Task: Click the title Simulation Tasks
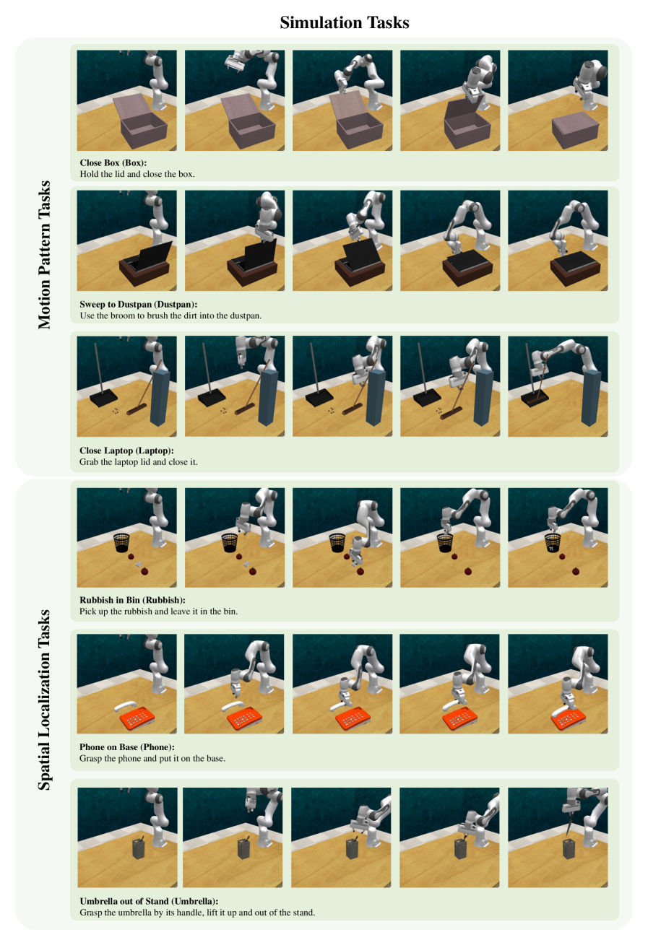[345, 22]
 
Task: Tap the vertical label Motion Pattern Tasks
[44, 255]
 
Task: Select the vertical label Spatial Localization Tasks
[44, 700]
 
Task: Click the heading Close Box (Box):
[113, 162]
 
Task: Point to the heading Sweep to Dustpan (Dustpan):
[138, 304]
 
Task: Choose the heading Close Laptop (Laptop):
[126, 451]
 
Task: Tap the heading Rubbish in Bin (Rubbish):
[132, 600]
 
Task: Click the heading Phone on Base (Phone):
[127, 747]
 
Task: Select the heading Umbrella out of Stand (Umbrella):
[149, 901]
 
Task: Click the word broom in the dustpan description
[124, 315]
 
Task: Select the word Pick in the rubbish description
[87, 611]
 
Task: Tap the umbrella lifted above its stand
[569, 822]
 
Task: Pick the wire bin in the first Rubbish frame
[122, 543]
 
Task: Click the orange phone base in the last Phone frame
[568, 719]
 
